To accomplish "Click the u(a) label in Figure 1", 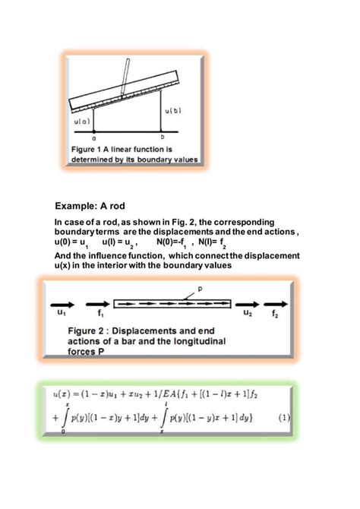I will [83, 121].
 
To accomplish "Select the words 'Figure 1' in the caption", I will [90, 149].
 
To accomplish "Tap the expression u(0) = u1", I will [71, 242].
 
